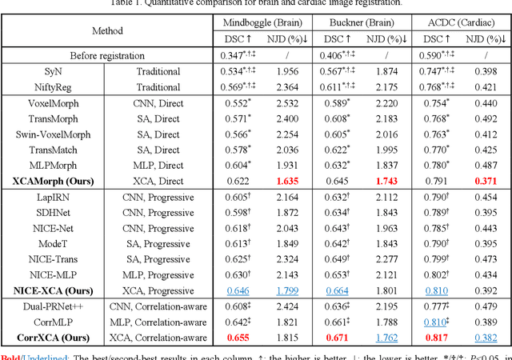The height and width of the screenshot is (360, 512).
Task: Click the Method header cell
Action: [106, 30]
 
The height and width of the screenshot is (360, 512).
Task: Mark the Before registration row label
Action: [106, 55]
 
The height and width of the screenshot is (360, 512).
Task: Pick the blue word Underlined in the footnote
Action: [47, 354]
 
